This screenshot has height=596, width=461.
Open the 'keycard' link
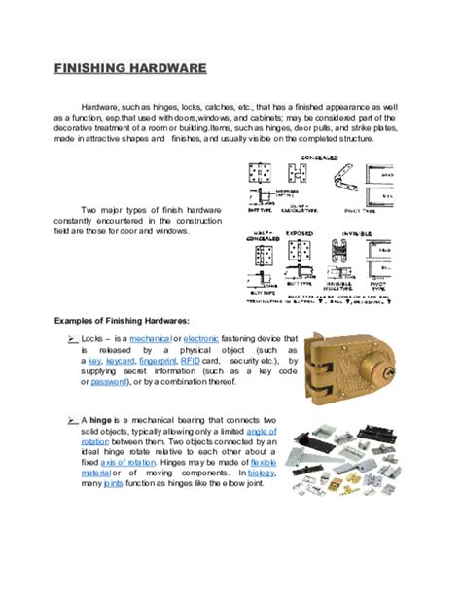pos(121,360)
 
